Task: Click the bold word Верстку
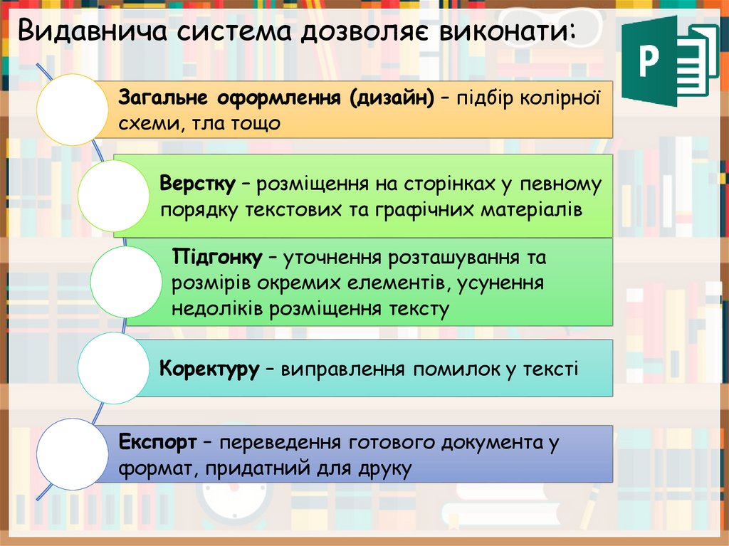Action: pyautogui.click(x=197, y=184)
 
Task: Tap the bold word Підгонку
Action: pyautogui.click(x=217, y=257)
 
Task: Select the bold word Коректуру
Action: pyautogui.click(x=209, y=369)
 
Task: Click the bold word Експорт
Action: pyautogui.click(x=157, y=442)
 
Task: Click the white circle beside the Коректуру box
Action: pyautogui.click(x=112, y=367)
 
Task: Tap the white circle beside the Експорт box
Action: pyautogui.click(x=72, y=453)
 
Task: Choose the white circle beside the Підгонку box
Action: pyautogui.click(x=127, y=282)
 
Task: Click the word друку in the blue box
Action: pyautogui.click(x=385, y=469)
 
